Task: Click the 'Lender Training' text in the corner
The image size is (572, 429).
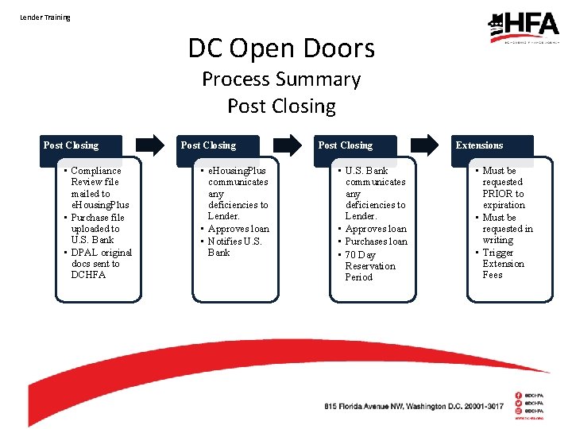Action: coord(45,17)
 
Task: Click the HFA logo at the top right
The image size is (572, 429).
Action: coord(524,27)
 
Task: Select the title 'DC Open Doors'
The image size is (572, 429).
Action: coord(281,48)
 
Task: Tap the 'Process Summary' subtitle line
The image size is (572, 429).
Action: coord(281,79)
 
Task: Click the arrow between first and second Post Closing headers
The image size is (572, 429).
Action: coord(150,145)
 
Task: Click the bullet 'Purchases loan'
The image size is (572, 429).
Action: coord(376,242)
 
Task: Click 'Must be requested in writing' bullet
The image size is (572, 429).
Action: coord(506,229)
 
